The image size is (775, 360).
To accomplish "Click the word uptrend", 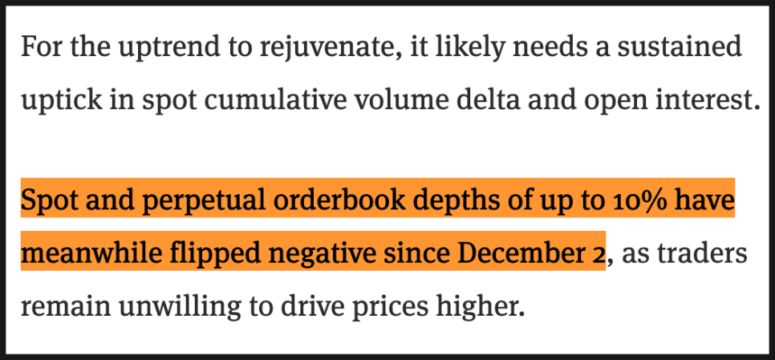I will tap(147, 48).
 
